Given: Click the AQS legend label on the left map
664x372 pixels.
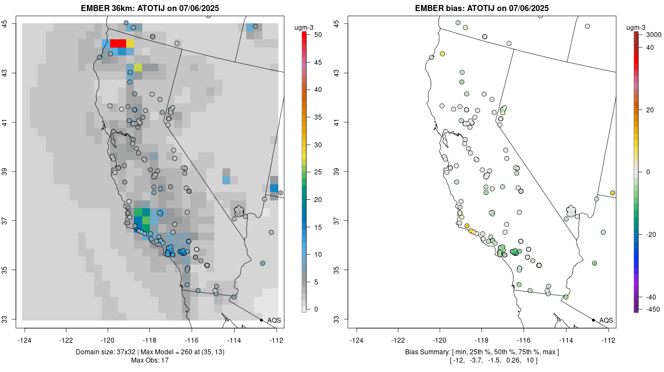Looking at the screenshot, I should (274, 320).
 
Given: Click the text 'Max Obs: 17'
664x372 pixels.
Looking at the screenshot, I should (150, 360).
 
